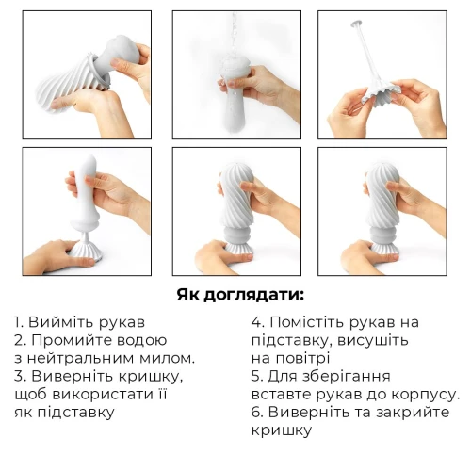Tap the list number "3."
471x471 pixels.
click(x=20, y=376)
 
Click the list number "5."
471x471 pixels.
click(x=256, y=376)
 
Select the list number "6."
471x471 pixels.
click(x=257, y=412)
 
